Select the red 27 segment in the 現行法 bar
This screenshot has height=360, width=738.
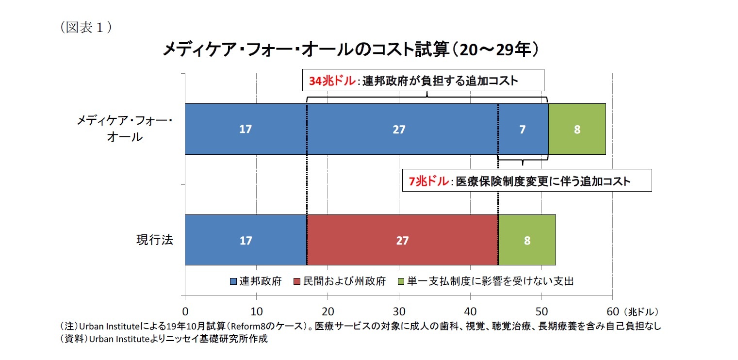(402, 240)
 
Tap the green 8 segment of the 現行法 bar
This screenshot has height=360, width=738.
(527, 240)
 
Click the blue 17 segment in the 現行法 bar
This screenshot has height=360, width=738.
(246, 240)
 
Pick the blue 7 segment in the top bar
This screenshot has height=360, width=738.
(523, 130)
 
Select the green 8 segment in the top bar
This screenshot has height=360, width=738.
(577, 130)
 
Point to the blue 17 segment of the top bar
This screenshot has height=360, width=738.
(246, 130)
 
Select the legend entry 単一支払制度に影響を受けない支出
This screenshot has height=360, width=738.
(485, 281)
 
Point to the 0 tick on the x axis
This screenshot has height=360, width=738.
(185, 311)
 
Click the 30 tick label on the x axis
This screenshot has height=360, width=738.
(399, 311)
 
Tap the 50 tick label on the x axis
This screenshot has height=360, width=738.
(541, 311)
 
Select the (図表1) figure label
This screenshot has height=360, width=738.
(86, 28)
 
